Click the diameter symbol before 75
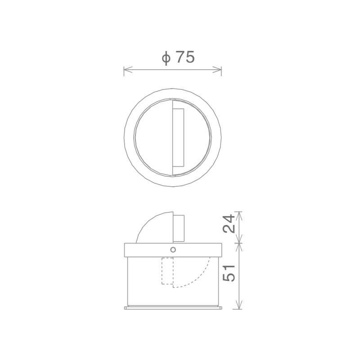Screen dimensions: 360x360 coord(166,58)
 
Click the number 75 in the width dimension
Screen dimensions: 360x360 coord(185,57)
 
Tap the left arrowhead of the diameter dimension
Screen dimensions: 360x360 coord(128,70)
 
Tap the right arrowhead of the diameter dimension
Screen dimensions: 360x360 coord(217,70)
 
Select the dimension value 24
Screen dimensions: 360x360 coord(229,224)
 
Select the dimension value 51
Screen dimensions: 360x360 coord(229,273)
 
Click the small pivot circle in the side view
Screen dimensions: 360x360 coord(173,250)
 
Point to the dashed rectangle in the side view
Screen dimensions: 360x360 coord(167,271)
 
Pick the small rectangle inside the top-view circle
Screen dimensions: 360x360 coord(178,137)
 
